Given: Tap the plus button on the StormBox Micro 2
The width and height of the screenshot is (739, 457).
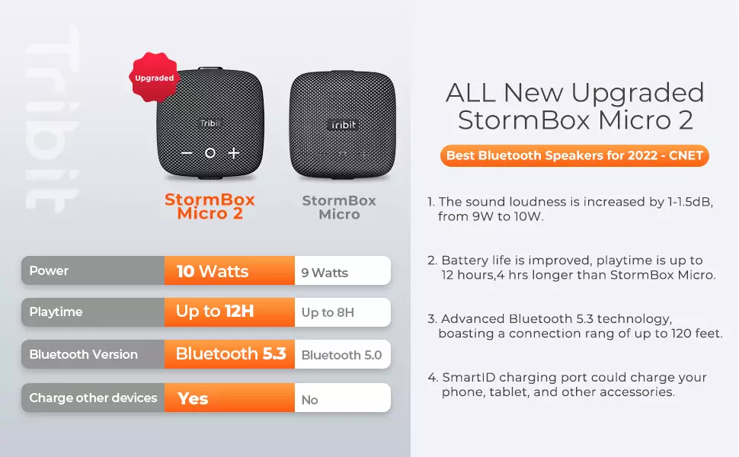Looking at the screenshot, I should [x=234, y=153].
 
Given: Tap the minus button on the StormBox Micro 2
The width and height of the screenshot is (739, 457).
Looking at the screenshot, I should [x=187, y=153].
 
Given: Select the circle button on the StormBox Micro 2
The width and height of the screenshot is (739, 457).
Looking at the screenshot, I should [x=210, y=153].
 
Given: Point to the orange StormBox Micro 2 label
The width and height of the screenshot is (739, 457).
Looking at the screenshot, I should [x=210, y=206].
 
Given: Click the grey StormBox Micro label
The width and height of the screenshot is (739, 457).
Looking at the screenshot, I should [x=339, y=207].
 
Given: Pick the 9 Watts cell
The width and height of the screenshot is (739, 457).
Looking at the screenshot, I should [x=342, y=271].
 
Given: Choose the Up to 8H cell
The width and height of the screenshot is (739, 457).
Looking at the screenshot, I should [x=342, y=312].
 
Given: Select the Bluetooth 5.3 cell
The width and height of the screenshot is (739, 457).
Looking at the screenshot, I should [x=229, y=354].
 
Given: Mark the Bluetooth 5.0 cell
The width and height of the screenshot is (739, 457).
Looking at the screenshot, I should [x=342, y=355].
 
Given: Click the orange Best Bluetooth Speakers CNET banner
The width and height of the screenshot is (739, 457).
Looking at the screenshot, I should [x=574, y=156].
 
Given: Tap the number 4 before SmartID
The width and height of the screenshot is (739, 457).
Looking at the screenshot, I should [x=433, y=378].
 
